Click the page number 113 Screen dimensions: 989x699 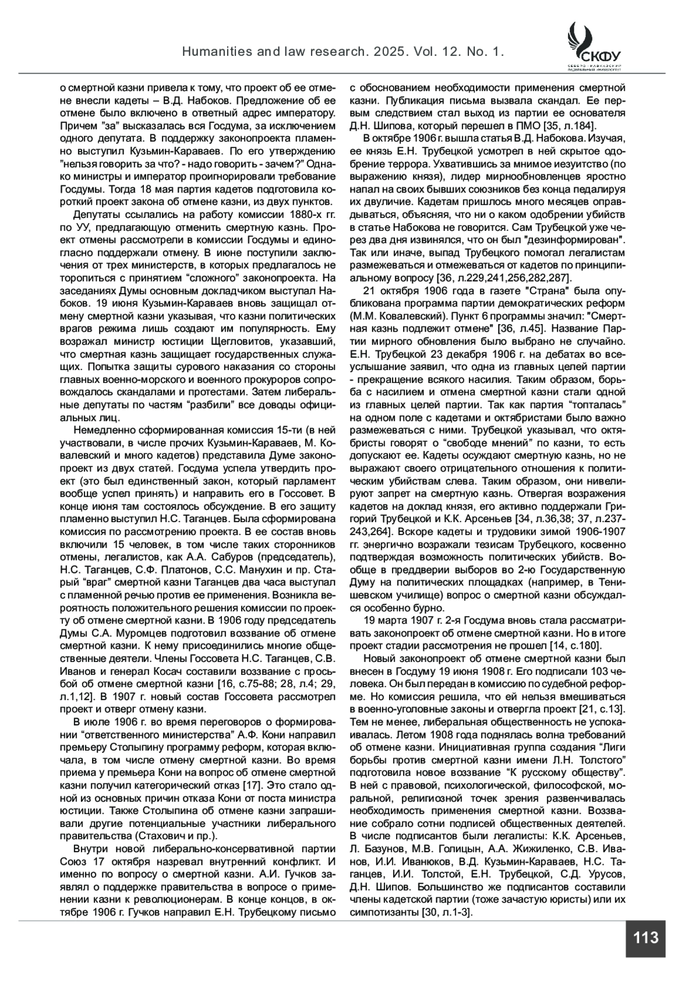[645, 938]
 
